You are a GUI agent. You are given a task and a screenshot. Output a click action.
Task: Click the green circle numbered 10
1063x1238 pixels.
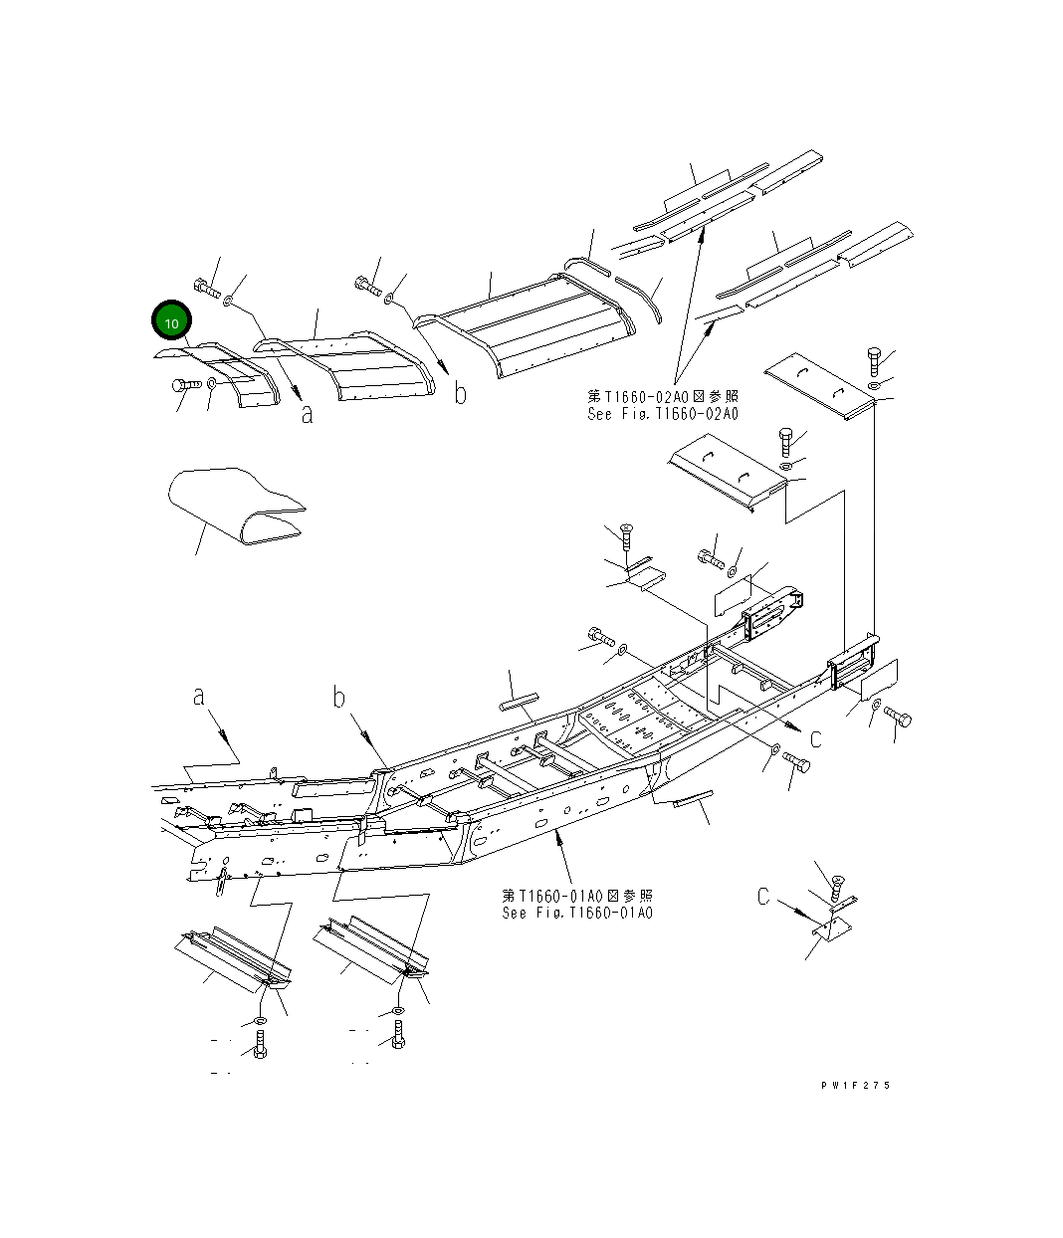171,322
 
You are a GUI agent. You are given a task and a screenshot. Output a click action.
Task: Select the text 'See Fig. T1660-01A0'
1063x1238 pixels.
577,913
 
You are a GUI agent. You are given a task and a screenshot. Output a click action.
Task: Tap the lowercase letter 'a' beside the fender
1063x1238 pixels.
308,414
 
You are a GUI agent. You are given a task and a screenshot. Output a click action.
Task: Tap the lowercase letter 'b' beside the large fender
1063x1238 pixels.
460,393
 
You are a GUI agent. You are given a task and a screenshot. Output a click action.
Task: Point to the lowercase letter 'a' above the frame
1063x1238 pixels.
199,695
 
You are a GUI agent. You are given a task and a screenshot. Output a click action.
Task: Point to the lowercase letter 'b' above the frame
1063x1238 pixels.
339,698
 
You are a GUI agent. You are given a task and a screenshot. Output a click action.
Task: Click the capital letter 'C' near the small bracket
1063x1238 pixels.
763,897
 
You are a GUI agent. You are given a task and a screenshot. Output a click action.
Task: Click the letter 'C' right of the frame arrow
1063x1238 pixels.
815,738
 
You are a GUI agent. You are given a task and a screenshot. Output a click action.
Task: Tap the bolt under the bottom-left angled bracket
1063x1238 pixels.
260,1045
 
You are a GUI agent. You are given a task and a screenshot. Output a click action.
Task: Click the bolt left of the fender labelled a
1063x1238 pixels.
187,385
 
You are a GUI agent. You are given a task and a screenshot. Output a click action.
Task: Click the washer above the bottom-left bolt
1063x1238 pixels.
259,1021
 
